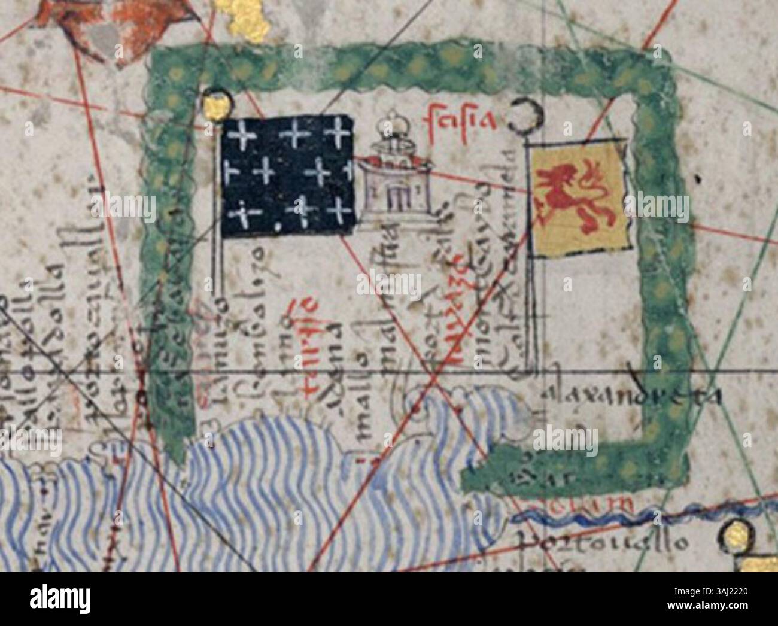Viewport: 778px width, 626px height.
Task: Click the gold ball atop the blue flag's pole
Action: [x=217, y=105]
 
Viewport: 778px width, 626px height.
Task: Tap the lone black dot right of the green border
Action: [x=698, y=177]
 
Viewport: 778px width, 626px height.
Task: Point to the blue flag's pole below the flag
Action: [x=221, y=269]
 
